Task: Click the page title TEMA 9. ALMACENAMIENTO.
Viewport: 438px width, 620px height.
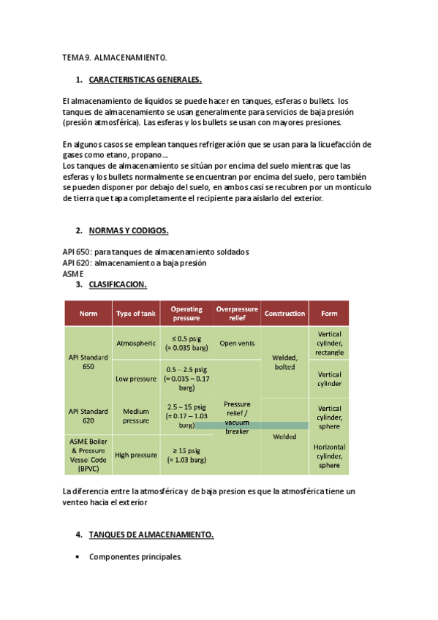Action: click(115, 57)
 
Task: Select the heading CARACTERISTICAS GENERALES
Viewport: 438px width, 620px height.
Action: click(145, 79)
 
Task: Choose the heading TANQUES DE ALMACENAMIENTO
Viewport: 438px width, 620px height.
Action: click(151, 535)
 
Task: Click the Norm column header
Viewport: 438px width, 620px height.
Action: click(88, 314)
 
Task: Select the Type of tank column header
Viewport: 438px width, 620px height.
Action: click(135, 314)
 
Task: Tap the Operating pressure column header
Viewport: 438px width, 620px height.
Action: click(186, 314)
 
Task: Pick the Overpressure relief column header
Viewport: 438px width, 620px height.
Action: click(237, 314)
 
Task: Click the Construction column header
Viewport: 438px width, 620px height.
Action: click(284, 314)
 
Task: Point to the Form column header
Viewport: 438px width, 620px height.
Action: click(329, 314)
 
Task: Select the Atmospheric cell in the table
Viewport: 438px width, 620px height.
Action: click(135, 343)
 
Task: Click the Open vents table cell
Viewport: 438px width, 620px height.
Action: click(237, 343)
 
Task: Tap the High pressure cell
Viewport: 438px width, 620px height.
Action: click(135, 455)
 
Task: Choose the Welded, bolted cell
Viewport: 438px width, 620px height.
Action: click(284, 362)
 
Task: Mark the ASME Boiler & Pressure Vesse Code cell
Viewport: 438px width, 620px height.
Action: click(88, 455)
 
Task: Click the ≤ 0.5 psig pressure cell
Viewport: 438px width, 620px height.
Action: click(186, 343)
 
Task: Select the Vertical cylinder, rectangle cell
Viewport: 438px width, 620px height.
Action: click(329, 343)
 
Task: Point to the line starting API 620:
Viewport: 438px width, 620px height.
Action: click(135, 263)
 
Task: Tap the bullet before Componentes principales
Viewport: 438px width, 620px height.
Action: click(78, 557)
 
